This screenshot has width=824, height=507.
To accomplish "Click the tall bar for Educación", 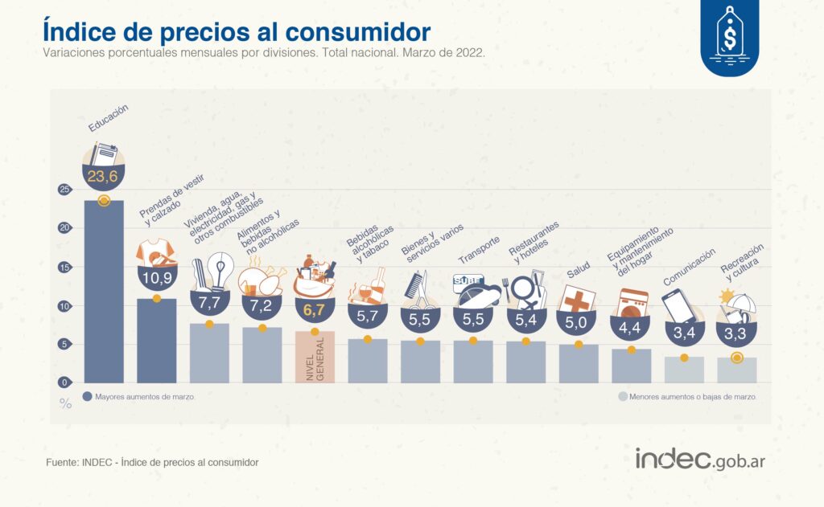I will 104,293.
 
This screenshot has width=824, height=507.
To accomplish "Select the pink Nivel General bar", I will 315,357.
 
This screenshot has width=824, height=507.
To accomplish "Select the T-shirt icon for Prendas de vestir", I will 156,253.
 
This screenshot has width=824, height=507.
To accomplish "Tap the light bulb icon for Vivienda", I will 217,269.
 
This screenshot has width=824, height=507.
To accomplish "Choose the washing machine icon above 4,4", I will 632,306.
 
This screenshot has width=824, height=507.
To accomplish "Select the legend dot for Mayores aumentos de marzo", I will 87,397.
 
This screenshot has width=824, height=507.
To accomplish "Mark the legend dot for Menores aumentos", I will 622,397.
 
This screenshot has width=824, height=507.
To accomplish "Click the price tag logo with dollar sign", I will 729,35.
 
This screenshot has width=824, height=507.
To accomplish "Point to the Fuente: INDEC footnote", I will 153,463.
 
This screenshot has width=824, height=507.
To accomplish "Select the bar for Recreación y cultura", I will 736,370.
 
